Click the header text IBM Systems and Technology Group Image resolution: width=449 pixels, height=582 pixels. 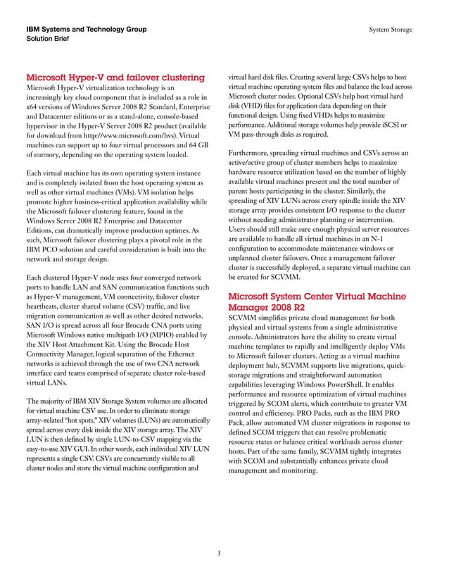[86, 30]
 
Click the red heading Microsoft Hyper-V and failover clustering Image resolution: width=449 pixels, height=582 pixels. [115, 77]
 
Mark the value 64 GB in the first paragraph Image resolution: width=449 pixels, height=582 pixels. [202, 145]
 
